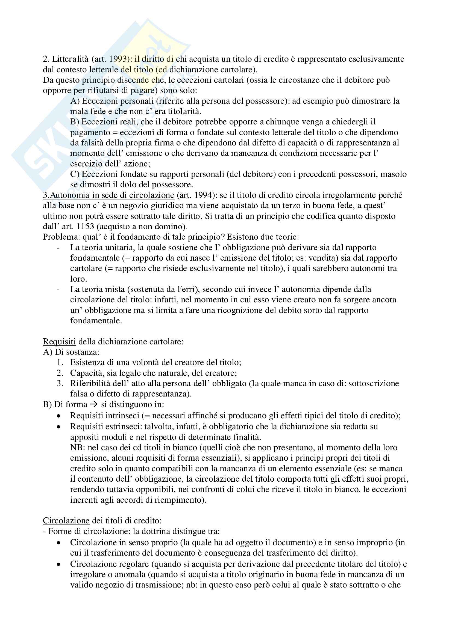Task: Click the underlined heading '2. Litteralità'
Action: pyautogui.click(x=66, y=59)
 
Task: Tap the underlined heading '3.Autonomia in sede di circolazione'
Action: pyautogui.click(x=108, y=195)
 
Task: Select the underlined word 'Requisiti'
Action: pyautogui.click(x=59, y=341)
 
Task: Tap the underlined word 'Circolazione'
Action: pyautogui.click(x=66, y=520)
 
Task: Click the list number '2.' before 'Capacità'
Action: pyautogui.click(x=60, y=373)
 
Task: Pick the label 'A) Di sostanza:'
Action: pyautogui.click(x=71, y=352)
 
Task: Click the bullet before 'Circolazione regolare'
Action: pyautogui.click(x=58, y=564)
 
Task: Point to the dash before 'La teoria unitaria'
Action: pyautogui.click(x=58, y=248)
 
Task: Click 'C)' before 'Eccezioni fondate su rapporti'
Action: pyautogui.click(x=75, y=174)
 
